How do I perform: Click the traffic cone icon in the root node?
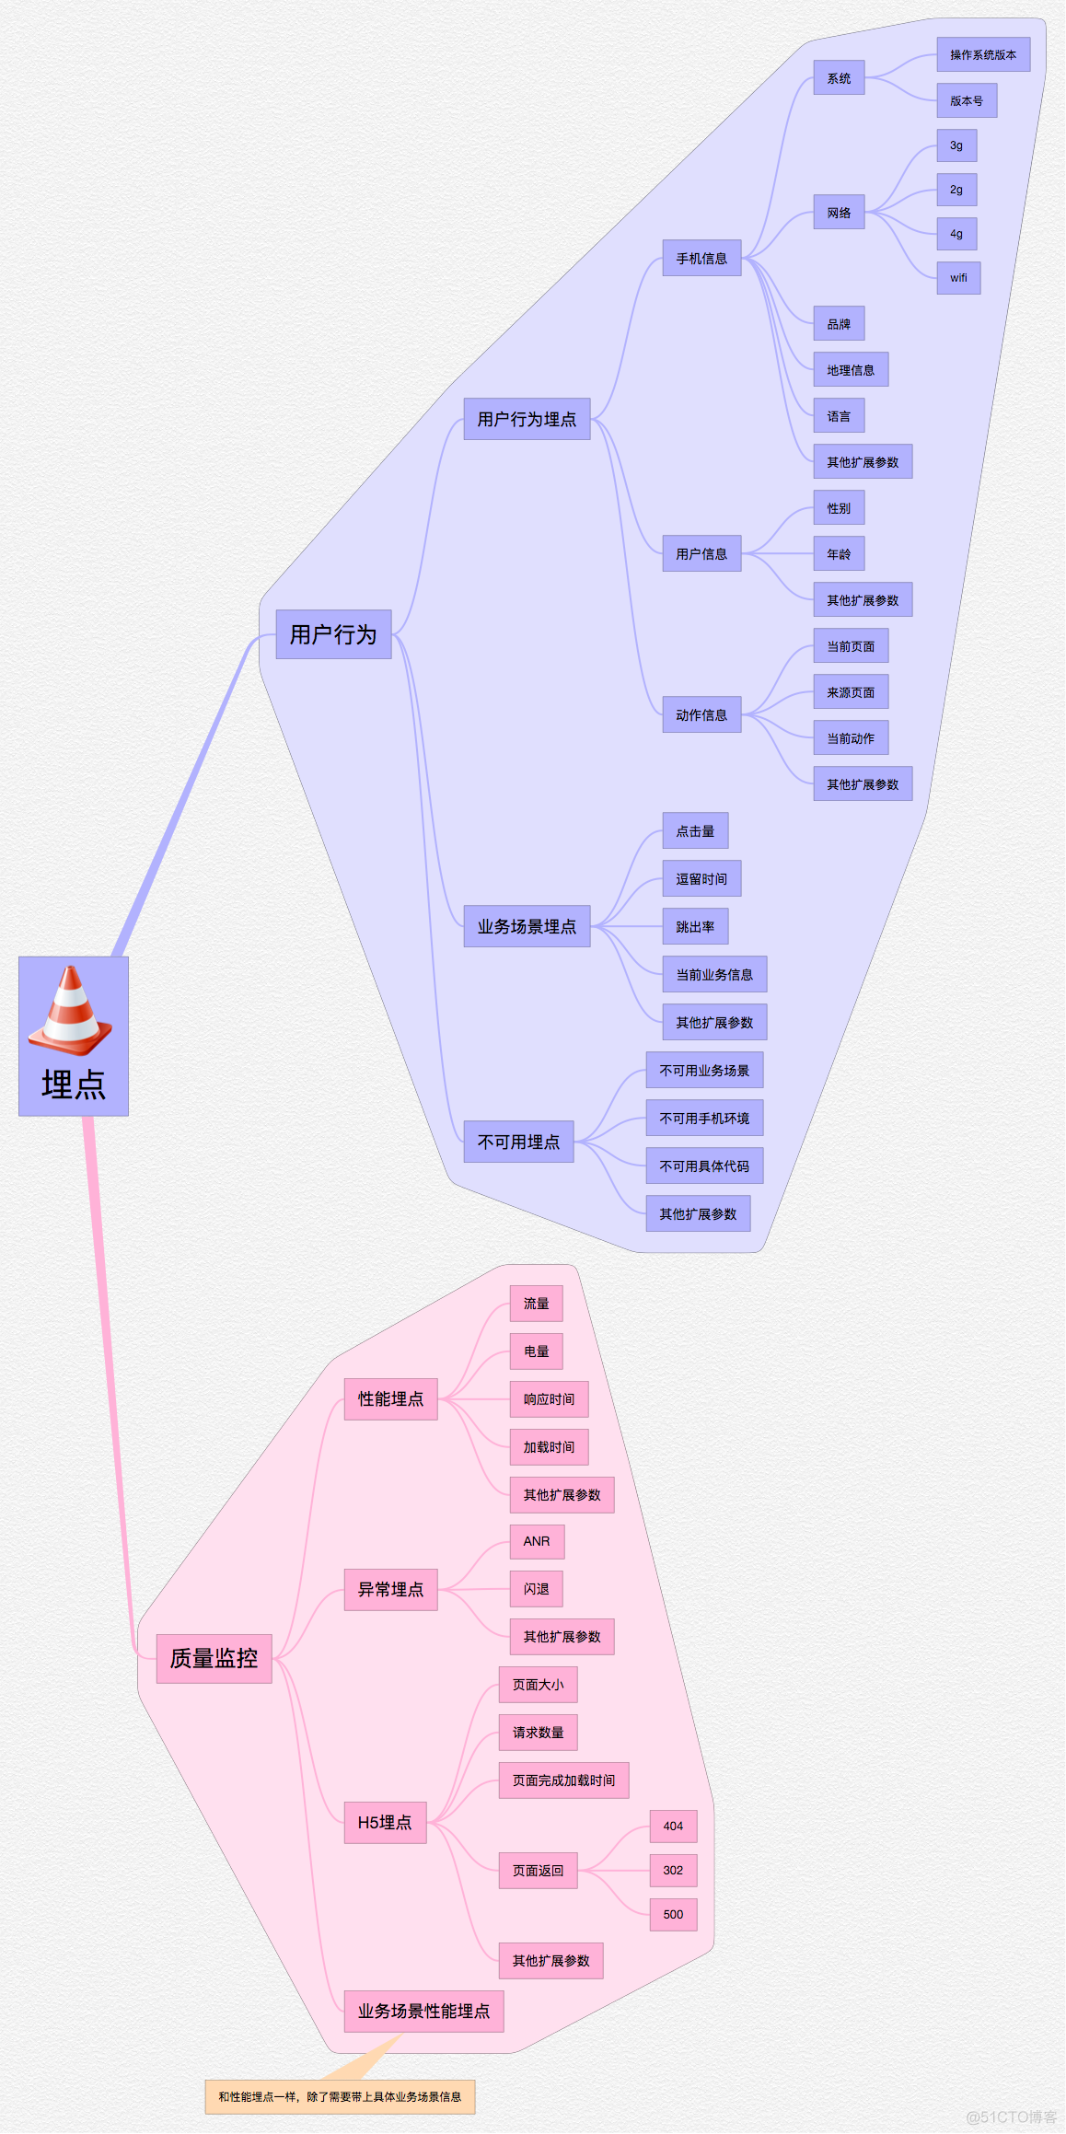70,1011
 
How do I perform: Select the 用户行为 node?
333,634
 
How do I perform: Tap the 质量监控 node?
214,1658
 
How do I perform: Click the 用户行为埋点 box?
527,419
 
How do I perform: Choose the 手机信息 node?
701,259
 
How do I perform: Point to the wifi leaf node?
958,277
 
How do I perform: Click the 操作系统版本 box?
983,55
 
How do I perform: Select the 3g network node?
956,145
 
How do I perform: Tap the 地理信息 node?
851,370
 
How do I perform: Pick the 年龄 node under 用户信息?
839,554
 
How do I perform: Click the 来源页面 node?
851,692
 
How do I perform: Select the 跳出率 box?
695,927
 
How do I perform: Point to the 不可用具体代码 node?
704,1166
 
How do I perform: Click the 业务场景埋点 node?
527,926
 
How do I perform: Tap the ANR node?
537,1541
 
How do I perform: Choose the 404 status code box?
673,1826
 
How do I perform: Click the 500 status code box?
673,1914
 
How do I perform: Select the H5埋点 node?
385,1822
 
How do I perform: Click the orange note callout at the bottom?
340,2096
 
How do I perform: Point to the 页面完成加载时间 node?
563,1780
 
